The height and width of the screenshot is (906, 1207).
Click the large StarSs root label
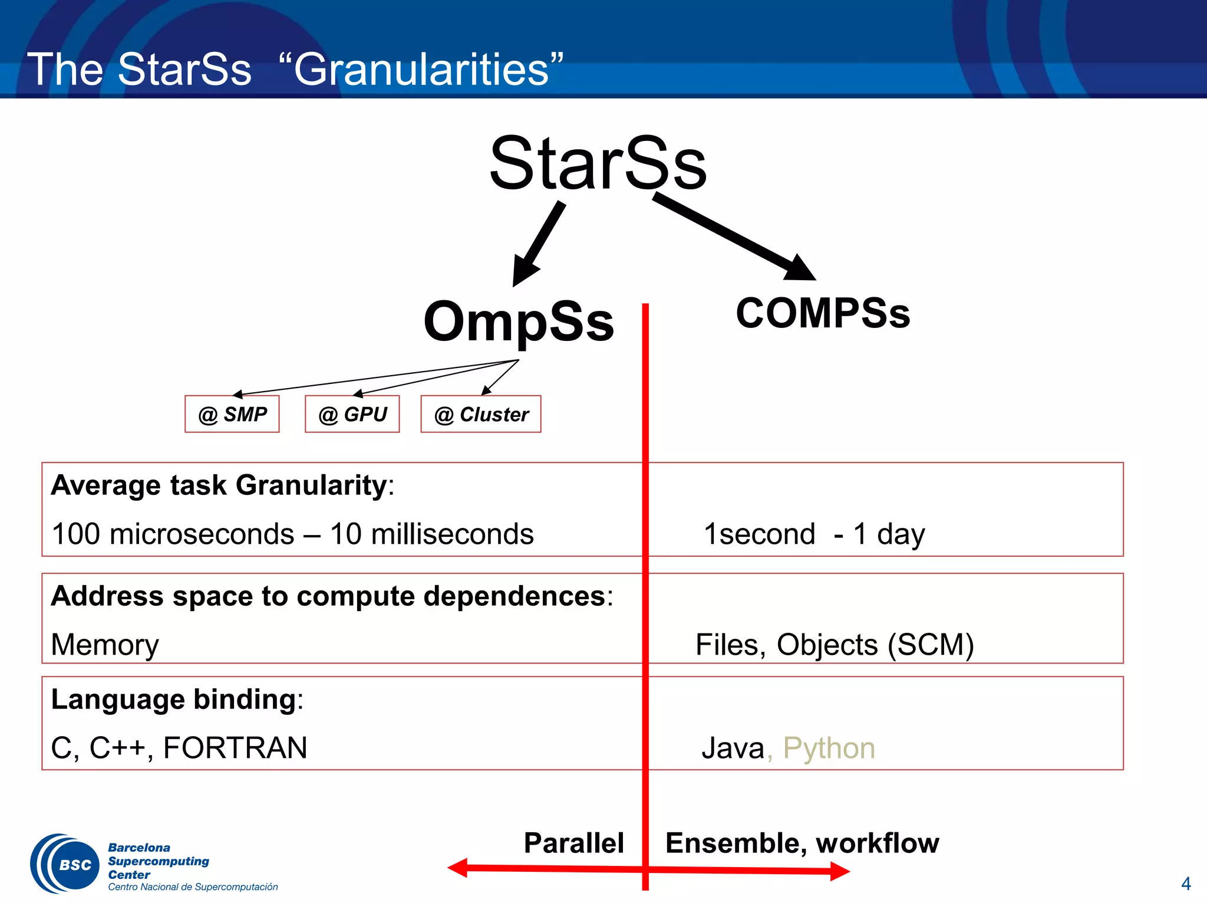pyautogui.click(x=598, y=163)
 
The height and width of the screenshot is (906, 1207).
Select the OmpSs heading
pyautogui.click(x=519, y=321)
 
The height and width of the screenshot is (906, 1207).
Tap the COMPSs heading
pyautogui.click(x=823, y=313)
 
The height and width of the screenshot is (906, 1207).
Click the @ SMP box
pyautogui.click(x=232, y=414)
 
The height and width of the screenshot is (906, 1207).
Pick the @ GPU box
pyautogui.click(x=352, y=414)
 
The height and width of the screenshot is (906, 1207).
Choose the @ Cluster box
pyautogui.click(x=481, y=414)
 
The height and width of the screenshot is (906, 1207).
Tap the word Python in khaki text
pyautogui.click(x=829, y=748)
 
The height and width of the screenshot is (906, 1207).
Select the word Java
pyautogui.click(x=733, y=748)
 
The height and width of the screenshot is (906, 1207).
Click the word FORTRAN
pyautogui.click(x=235, y=747)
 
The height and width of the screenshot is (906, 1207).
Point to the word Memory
pyautogui.click(x=105, y=645)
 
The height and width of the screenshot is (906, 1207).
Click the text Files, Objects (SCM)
pyautogui.click(x=834, y=644)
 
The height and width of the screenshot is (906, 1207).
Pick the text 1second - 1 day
pyautogui.click(x=814, y=534)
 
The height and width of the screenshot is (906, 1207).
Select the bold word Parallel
pyautogui.click(x=573, y=842)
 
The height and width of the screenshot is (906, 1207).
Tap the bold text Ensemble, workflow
pyautogui.click(x=802, y=842)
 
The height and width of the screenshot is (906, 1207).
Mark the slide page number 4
pyautogui.click(x=1186, y=884)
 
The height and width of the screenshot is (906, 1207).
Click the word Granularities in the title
pyautogui.click(x=421, y=70)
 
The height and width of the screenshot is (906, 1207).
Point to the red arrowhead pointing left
pyautogui.click(x=458, y=868)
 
